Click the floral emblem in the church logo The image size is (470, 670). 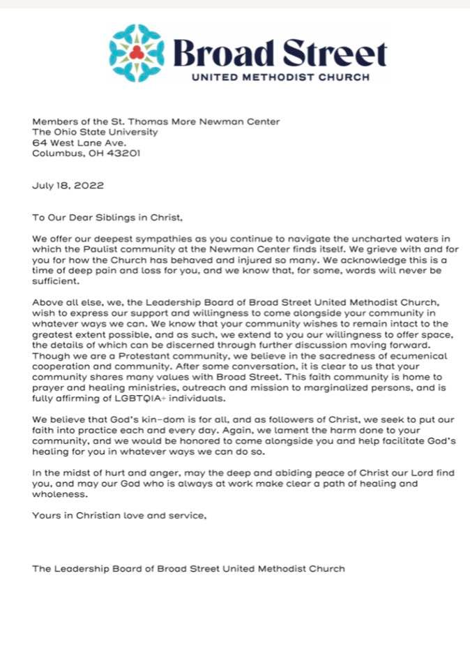point(137,52)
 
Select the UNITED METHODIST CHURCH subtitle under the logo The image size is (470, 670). point(280,77)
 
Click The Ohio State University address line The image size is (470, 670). point(95,132)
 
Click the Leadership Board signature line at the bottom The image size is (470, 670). point(188,568)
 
